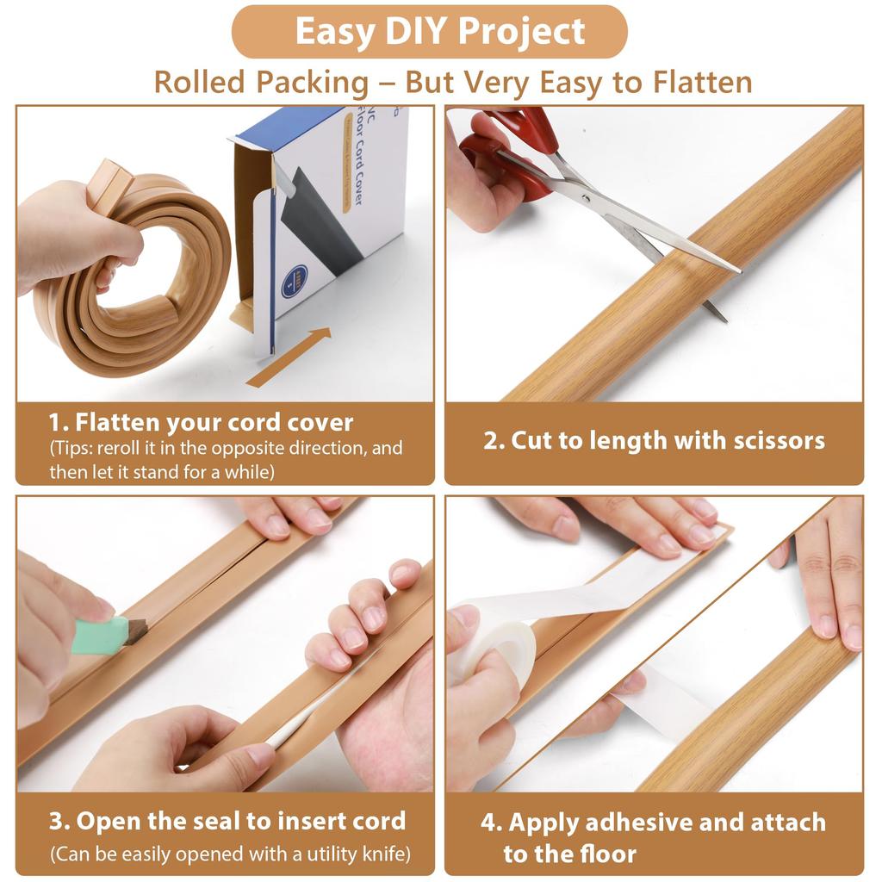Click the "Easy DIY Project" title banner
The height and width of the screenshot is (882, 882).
(440, 32)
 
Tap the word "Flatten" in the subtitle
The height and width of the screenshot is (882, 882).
(703, 82)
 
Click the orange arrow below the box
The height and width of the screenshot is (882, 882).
(289, 357)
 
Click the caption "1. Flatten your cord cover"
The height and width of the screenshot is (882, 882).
(201, 423)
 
